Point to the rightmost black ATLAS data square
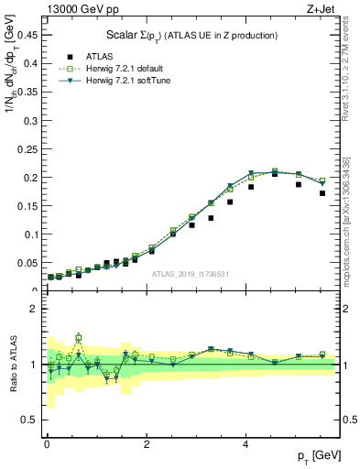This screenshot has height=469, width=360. point(322,193)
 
